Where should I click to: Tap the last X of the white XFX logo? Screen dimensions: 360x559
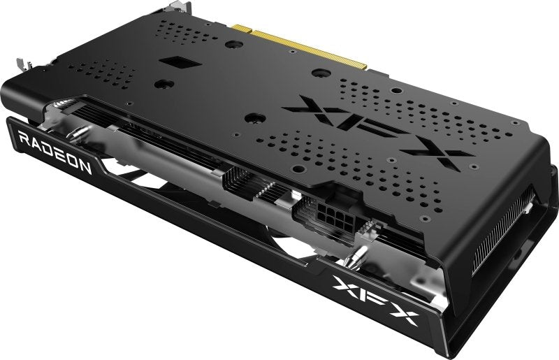pyautogui.click(x=405, y=315)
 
